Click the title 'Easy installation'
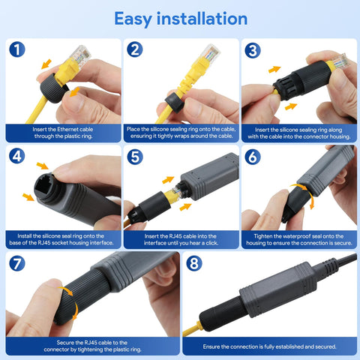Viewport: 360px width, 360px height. tap(180, 18)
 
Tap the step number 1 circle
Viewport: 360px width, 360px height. tap(18, 50)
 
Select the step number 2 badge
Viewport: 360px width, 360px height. tap(135, 50)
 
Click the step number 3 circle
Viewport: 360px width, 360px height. tap(253, 50)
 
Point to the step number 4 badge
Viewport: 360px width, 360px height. tap(18, 157)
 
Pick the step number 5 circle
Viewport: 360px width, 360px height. tap(135, 157)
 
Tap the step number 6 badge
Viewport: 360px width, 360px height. tap(253, 157)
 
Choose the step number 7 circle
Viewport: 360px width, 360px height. tap(18, 264)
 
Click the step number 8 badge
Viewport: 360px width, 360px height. tap(194, 264)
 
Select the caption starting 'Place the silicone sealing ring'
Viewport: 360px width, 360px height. tap(181, 133)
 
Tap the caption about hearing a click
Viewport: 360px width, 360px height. tap(181, 239)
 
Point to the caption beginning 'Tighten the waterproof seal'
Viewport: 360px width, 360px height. tap(298, 239)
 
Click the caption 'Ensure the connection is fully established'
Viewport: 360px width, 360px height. tap(269, 346)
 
